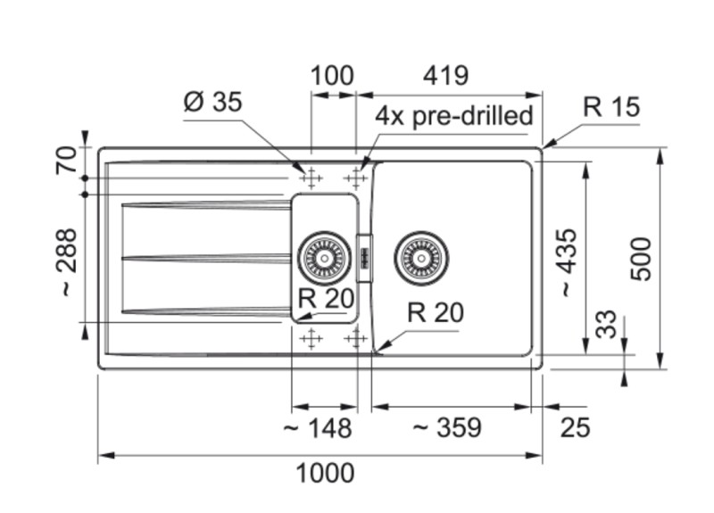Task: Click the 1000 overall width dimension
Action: coord(325,473)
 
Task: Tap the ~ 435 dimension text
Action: coord(568,262)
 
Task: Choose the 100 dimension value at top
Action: coord(332,76)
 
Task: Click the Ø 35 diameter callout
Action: coord(212,103)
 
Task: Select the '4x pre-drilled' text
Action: coord(453,116)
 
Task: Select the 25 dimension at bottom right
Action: coord(576,428)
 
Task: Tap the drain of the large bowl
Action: coord(420,257)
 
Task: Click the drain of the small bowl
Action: coord(324,257)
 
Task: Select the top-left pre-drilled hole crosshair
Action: coord(310,178)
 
